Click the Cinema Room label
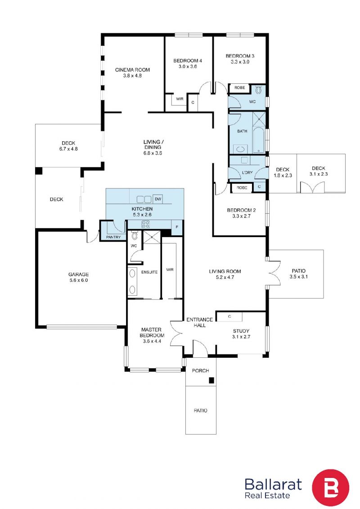(x=132, y=70)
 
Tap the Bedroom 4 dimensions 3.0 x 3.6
(x=188, y=67)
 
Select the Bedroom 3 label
(x=240, y=56)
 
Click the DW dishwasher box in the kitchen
(x=158, y=198)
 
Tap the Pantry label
(x=113, y=237)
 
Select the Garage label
(x=79, y=274)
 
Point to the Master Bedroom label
(x=152, y=333)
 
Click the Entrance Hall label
(x=199, y=322)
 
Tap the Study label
(x=241, y=331)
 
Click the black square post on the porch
(x=211, y=380)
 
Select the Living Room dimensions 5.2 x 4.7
(x=225, y=277)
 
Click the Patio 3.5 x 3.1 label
(x=299, y=274)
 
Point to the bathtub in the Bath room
(x=258, y=140)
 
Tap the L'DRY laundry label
(x=247, y=172)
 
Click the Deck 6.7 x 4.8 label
(x=68, y=146)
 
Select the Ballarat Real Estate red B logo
(x=330, y=487)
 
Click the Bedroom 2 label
(x=241, y=210)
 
